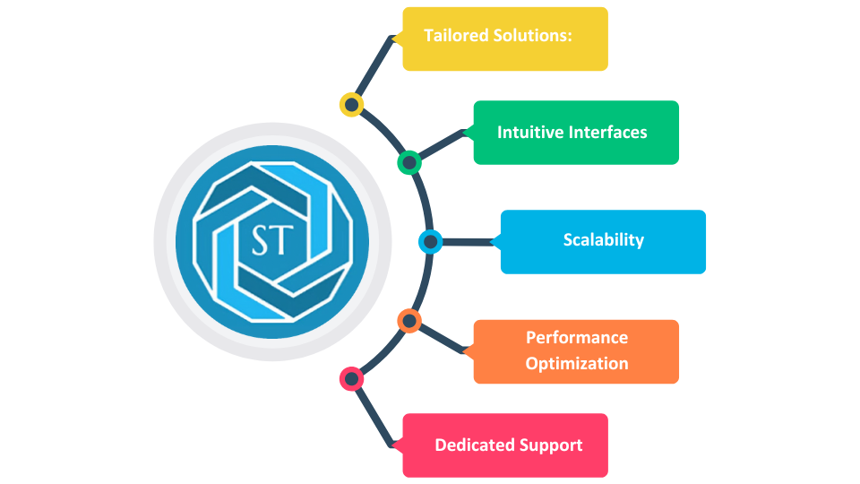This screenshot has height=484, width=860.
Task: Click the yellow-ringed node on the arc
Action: click(351, 105)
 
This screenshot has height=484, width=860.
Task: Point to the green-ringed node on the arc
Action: click(409, 162)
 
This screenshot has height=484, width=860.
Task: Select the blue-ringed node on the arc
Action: click(430, 241)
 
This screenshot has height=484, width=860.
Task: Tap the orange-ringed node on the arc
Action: click(408, 321)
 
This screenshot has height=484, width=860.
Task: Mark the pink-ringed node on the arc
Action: click(351, 379)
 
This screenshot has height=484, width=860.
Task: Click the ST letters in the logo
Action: click(271, 241)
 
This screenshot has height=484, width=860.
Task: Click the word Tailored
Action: click(457, 36)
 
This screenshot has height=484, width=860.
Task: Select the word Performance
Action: click(577, 338)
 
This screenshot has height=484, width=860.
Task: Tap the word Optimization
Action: click(577, 363)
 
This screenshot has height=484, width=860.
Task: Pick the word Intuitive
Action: click(531, 132)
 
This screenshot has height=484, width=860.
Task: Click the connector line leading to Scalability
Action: click(466, 241)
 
